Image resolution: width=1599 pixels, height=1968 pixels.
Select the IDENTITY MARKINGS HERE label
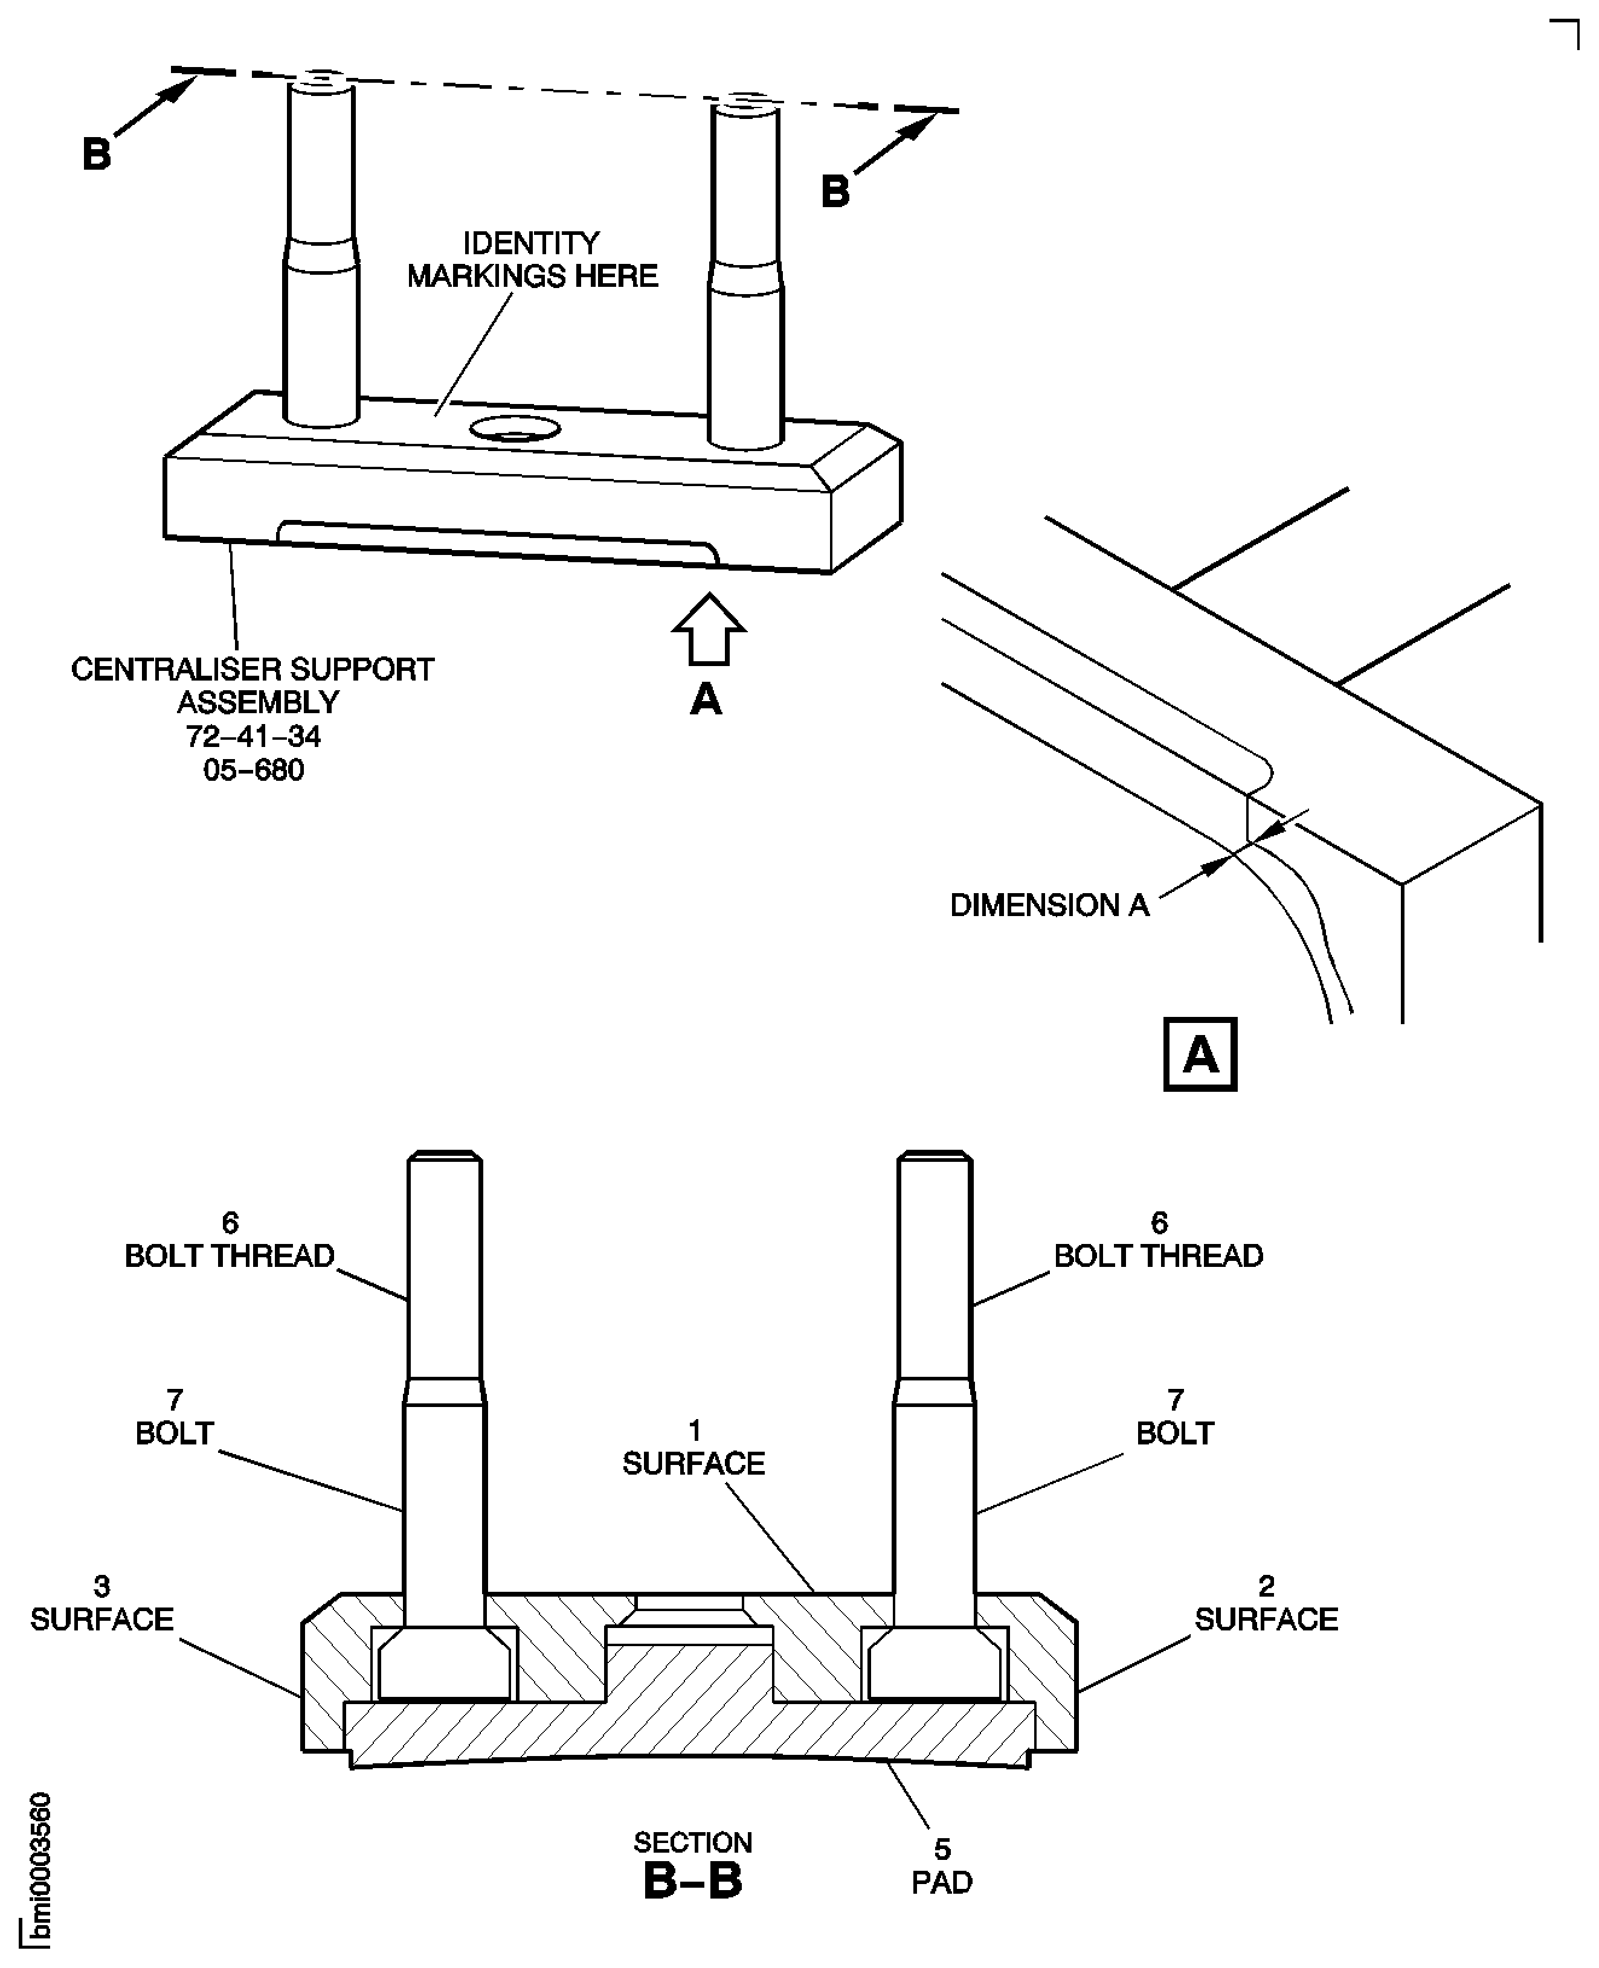(x=532, y=260)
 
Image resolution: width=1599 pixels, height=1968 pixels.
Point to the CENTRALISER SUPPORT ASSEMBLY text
(x=253, y=685)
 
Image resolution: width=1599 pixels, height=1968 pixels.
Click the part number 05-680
(x=253, y=770)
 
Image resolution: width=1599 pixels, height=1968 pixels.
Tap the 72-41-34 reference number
(x=253, y=737)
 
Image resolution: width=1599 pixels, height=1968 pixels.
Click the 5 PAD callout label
(x=941, y=1867)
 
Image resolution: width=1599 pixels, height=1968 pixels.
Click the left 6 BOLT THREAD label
(x=230, y=1240)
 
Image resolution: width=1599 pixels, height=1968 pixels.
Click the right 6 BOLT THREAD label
(x=1159, y=1240)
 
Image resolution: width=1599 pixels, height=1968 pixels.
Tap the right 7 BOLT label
(x=1174, y=1417)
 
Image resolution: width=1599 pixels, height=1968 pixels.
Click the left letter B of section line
(x=97, y=154)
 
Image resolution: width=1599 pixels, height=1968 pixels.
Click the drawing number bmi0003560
(x=39, y=1870)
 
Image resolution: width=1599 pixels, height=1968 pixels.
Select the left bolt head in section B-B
(x=444, y=1667)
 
